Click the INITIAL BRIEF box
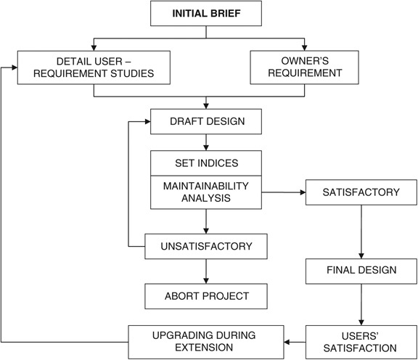(x=206, y=15)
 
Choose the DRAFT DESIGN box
(x=205, y=121)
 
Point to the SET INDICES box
(x=205, y=163)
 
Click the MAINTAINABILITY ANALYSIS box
(x=205, y=192)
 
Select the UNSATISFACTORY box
(x=206, y=246)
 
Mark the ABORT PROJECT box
(x=206, y=295)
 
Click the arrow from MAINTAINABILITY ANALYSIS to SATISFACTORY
(x=283, y=193)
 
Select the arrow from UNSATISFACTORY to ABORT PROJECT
(x=206, y=271)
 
